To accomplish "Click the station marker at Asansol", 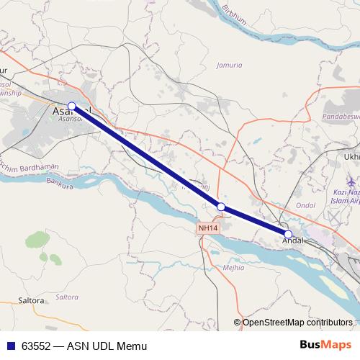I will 71,107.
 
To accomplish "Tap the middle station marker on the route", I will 221,207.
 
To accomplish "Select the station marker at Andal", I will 288,235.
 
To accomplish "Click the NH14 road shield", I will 207,228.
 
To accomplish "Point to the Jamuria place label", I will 230,65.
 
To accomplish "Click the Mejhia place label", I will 233,267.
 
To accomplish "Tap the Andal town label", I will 292,241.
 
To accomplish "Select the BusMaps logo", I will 325,346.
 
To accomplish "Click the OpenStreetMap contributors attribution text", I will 297,323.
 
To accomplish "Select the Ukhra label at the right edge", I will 352,156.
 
